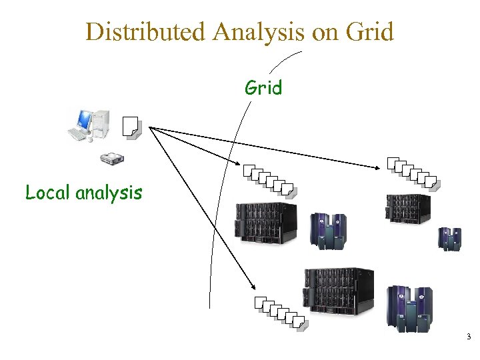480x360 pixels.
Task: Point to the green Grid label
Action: click(263, 88)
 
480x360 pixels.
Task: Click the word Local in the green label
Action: click(48, 193)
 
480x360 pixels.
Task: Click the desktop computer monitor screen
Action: click(85, 120)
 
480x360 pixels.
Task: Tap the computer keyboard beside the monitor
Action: click(79, 135)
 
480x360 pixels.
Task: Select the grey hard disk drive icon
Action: click(112, 159)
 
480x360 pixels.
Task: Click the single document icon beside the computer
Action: click(131, 127)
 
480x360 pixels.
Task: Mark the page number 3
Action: click(469, 337)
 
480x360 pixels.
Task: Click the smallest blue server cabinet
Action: click(449, 238)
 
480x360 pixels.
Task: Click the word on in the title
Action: click(325, 31)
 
